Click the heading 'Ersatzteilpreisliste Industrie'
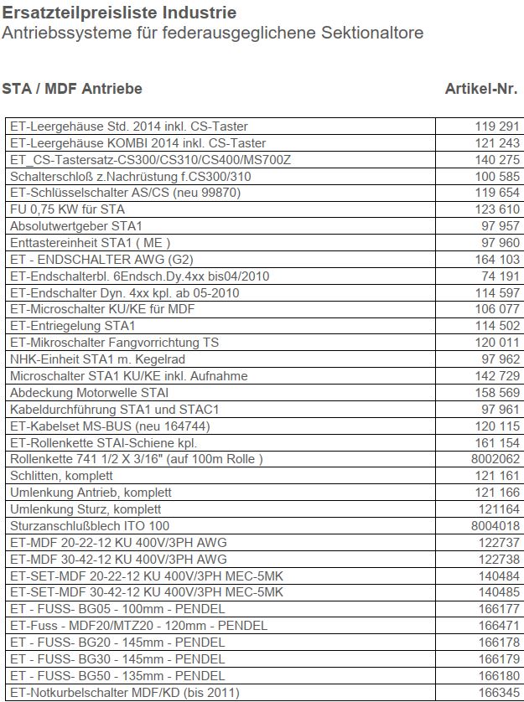point(119,13)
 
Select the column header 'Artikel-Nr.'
point(480,88)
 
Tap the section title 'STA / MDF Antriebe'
point(72,88)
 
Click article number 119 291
point(497,126)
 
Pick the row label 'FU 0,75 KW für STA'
point(67,209)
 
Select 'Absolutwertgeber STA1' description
point(76,226)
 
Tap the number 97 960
point(501,243)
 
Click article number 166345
point(497,692)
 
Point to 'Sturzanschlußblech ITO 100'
point(90,526)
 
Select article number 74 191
point(501,276)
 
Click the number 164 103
point(497,260)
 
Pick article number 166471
point(497,626)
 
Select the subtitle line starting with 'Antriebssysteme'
point(213,33)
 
